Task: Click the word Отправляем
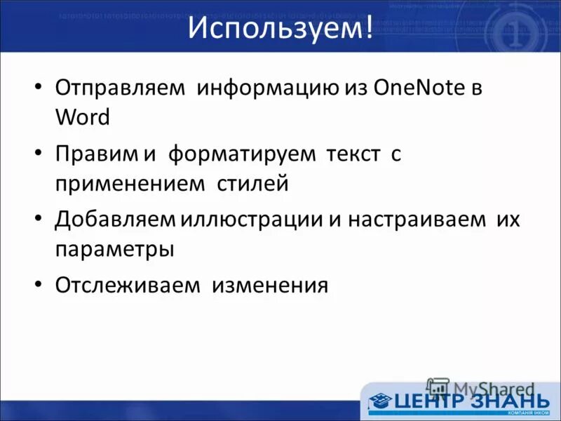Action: click(120, 90)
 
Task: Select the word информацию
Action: click(269, 90)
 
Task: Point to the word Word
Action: click(83, 117)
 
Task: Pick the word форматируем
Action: click(241, 154)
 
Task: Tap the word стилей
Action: click(255, 183)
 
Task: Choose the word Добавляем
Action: click(115, 220)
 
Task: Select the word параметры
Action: click(114, 248)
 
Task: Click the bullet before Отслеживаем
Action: click(39, 286)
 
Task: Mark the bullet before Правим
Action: click(39, 155)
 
